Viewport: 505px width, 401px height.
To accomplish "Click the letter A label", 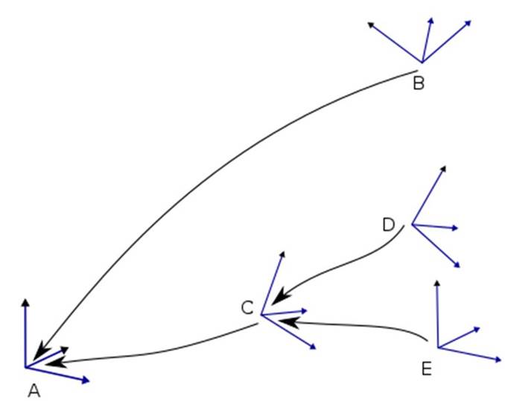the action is (34, 391).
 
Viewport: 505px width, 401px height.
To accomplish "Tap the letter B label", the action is (419, 83).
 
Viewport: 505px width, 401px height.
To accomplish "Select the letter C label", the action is (247, 308).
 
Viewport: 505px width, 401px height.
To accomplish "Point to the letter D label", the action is (388, 225).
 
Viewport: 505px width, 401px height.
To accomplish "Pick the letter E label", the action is (426, 368).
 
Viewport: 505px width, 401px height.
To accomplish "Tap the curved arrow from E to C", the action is (355, 325).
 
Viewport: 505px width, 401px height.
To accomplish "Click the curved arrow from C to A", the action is (151, 353).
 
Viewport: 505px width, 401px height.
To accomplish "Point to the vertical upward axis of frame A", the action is (25, 333).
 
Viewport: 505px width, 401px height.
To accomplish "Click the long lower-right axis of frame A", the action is (57, 374).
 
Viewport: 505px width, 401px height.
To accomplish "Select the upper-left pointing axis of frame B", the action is (395, 42).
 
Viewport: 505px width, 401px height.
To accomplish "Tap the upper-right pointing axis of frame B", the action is (447, 41).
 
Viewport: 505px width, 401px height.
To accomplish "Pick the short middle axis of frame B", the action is (427, 40).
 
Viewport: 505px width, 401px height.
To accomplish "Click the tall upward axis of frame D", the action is (429, 195).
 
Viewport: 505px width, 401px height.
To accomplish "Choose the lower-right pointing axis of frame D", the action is (436, 246).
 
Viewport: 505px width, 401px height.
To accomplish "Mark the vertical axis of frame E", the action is (437, 314).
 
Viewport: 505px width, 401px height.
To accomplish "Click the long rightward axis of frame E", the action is (469, 354).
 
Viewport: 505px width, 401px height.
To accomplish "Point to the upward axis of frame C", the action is (273, 283).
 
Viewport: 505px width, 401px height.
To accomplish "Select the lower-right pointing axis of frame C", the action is (288, 332).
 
